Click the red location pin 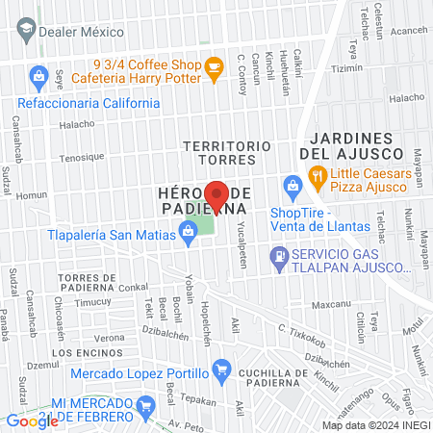[x=216, y=196]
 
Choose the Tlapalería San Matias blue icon [x=185, y=230]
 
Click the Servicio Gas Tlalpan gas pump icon [x=279, y=255]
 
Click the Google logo [x=32, y=420]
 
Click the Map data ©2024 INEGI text [x=375, y=425]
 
